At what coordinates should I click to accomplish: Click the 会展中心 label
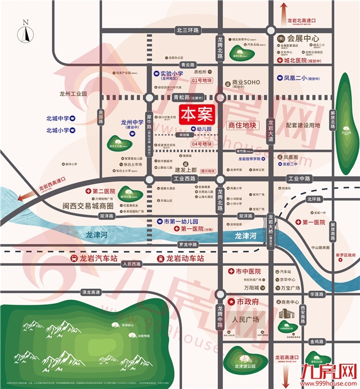point(303,39)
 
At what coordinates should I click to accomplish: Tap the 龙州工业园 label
point(72,93)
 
